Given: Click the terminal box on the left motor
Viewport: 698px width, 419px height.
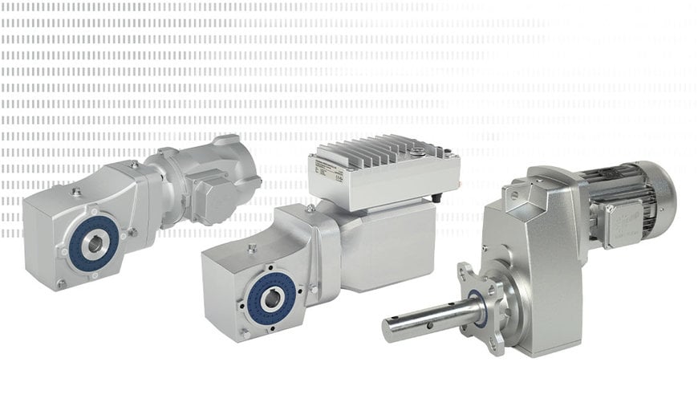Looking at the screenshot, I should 211,197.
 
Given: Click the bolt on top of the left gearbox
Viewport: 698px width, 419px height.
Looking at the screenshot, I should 76,191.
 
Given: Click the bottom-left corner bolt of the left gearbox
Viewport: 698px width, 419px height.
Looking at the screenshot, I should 61,283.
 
